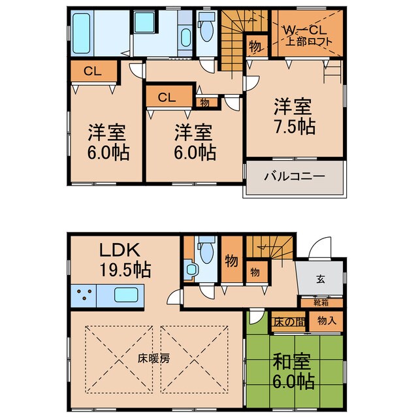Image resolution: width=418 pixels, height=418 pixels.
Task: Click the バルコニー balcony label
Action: pyautogui.click(x=295, y=176)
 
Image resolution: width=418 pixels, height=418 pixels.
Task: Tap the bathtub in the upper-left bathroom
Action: pyautogui.click(x=81, y=33)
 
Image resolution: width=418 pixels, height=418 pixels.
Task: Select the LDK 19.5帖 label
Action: pyautogui.click(x=125, y=260)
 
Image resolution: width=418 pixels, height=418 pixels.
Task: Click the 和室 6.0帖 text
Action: pyautogui.click(x=293, y=371)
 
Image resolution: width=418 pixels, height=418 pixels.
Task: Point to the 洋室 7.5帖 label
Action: pyautogui.click(x=295, y=116)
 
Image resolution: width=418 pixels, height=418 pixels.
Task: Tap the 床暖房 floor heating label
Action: pyautogui.click(x=154, y=359)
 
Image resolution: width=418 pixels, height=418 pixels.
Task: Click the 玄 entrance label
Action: pyautogui.click(x=321, y=280)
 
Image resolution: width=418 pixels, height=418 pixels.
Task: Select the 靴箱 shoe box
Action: pyautogui.click(x=322, y=303)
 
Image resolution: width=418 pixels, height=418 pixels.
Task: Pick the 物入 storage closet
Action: pyautogui.click(x=326, y=321)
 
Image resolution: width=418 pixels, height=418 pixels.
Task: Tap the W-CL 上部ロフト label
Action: pyautogui.click(x=307, y=36)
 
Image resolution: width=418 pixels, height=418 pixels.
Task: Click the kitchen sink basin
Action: pyautogui.click(x=126, y=295)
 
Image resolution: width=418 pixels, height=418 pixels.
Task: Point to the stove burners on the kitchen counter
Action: pyautogui.click(x=84, y=295)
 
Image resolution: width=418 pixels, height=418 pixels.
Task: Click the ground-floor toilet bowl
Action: pyautogui.click(x=206, y=253)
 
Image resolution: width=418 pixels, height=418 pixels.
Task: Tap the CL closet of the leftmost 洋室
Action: pyautogui.click(x=93, y=71)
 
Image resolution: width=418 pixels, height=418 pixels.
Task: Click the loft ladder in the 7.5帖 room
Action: pyautogui.click(x=332, y=72)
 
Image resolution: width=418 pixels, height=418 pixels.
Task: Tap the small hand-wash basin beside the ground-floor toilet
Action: pyautogui.click(x=191, y=269)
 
